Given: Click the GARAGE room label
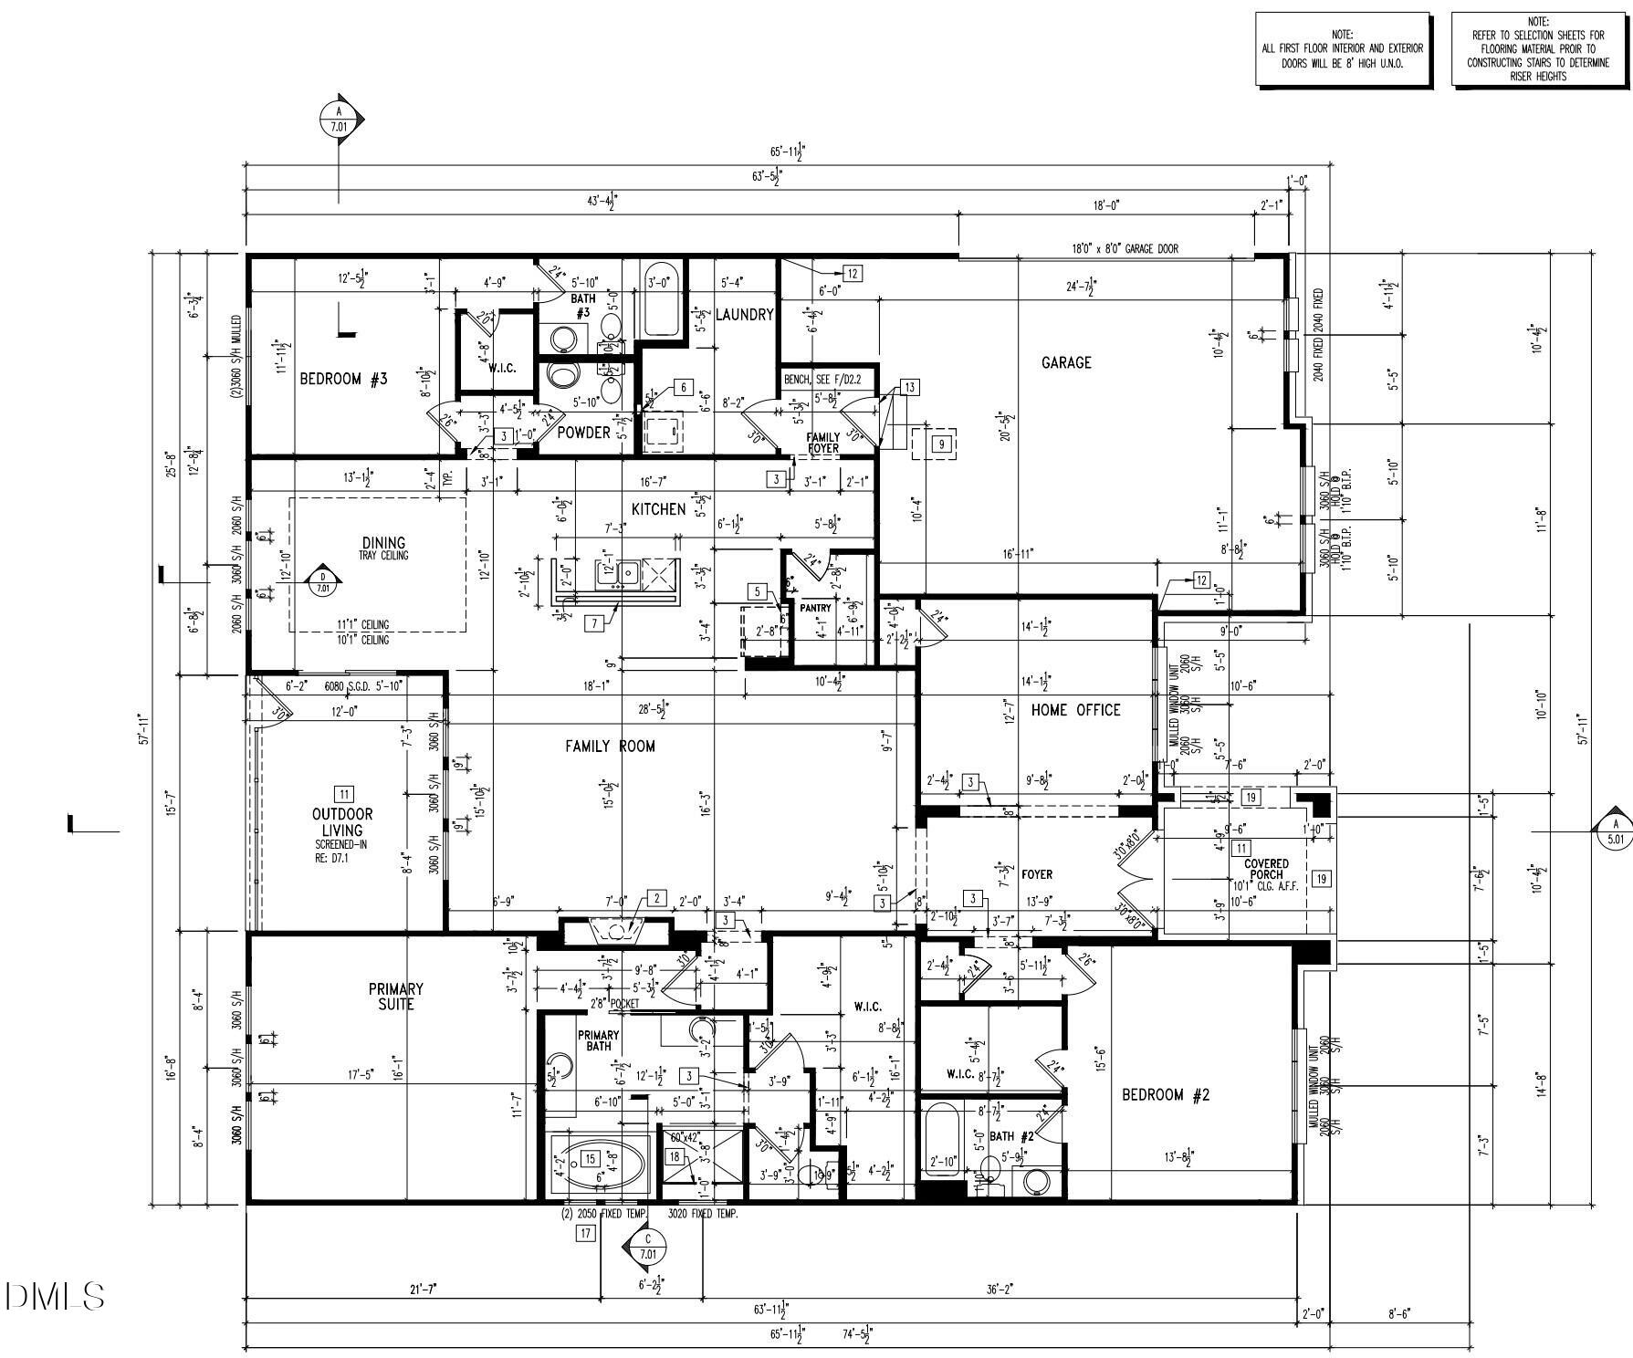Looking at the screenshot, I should (x=1066, y=362).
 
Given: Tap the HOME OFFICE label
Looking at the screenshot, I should (x=1075, y=710).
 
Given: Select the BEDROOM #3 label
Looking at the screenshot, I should (x=343, y=379).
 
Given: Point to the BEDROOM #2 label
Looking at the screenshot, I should (x=1165, y=1094).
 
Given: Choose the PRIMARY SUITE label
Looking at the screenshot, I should (x=395, y=997).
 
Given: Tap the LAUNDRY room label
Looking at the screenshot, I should (x=744, y=315).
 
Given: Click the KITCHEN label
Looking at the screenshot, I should (x=658, y=509).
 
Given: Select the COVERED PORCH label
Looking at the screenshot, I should (x=1266, y=869).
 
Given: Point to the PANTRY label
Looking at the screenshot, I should (x=815, y=608).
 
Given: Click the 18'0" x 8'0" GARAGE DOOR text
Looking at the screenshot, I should (x=1125, y=248).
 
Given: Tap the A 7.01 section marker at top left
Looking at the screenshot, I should (x=340, y=120).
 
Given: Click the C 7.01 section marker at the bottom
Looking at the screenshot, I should (x=647, y=1248).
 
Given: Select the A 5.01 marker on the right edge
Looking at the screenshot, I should (x=1614, y=831).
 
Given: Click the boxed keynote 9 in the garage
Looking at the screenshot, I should (x=942, y=444).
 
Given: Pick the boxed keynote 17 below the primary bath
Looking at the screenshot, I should (x=585, y=1234).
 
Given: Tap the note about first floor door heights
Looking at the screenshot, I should (x=1342, y=49).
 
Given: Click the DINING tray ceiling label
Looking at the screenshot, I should (x=383, y=548).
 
